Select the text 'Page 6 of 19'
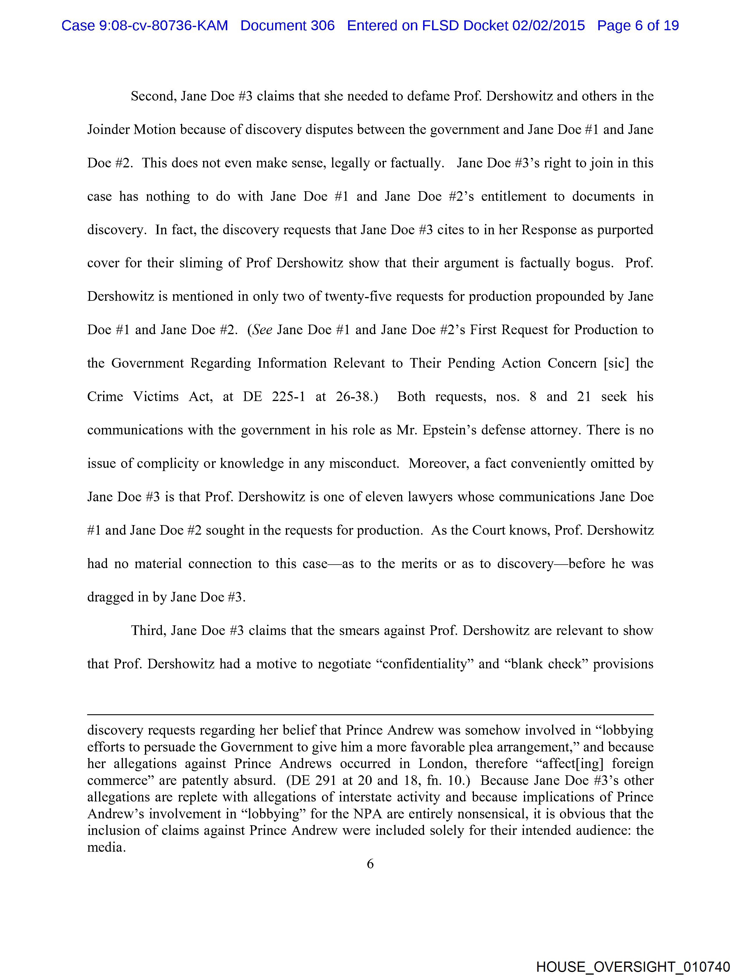638,26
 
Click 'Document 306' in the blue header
287,26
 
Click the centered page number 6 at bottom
370,863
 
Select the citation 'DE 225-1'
273,397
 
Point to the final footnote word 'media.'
106,847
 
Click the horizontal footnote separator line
370,714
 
